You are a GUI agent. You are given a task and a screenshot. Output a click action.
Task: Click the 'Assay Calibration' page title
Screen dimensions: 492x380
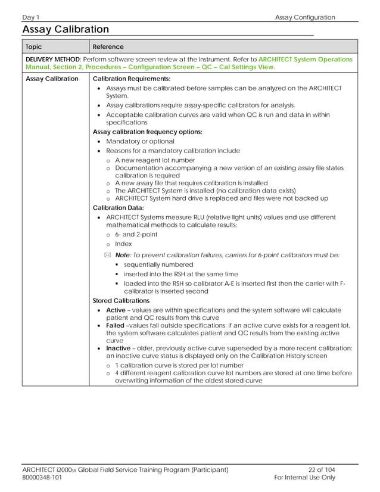[66, 29]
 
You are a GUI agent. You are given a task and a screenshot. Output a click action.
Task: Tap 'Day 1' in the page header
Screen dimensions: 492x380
[32, 17]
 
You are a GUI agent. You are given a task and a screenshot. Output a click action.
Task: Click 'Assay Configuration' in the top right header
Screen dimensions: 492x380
[305, 17]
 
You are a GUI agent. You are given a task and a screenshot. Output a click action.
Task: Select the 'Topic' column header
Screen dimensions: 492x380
[34, 46]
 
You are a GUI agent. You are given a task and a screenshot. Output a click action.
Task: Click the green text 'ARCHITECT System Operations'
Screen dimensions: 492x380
[305, 60]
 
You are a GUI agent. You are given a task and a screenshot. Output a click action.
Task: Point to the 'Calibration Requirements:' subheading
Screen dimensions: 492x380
[132, 79]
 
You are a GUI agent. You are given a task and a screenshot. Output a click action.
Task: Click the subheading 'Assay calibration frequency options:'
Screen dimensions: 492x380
[148, 132]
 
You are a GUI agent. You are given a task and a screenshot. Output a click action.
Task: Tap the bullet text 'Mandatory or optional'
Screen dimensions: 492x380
[140, 141]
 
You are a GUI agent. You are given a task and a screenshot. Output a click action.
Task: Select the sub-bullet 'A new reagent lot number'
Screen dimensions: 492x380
[155, 160]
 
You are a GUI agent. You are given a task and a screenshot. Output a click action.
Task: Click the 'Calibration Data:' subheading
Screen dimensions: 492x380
[119, 207]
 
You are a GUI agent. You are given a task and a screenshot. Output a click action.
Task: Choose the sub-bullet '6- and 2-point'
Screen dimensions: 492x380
[136, 234]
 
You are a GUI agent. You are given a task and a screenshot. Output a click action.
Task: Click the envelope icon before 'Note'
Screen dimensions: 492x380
[108, 255]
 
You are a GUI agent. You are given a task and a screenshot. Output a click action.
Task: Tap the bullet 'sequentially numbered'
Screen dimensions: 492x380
[158, 264]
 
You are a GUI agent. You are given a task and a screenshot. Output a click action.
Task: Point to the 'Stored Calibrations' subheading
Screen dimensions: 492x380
[122, 301]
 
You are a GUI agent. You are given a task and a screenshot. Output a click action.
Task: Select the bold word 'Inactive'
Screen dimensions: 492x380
[119, 348]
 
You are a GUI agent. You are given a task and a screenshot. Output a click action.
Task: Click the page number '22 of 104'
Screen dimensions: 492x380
[322, 469]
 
